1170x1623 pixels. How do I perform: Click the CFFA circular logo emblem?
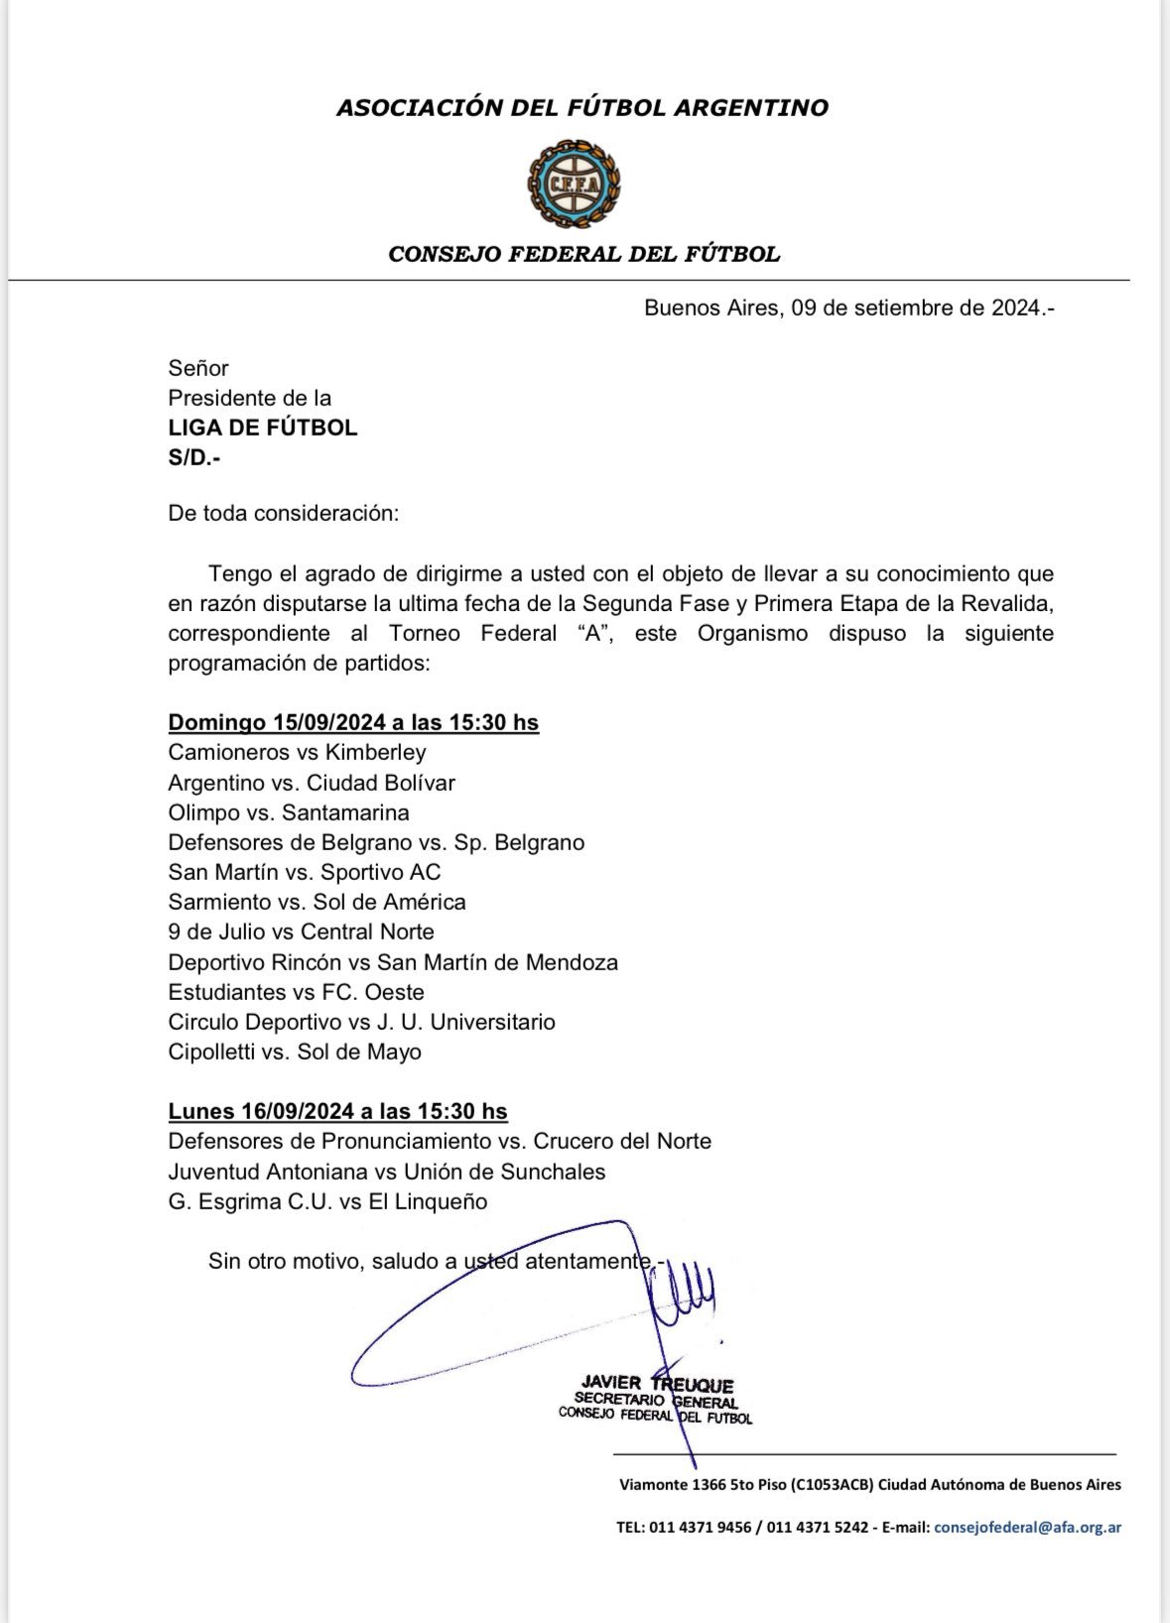point(574,181)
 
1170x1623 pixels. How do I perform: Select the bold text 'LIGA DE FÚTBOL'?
point(262,428)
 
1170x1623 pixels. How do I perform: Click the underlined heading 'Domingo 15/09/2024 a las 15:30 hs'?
point(353,722)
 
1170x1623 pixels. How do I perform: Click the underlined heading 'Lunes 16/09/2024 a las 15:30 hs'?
point(337,1111)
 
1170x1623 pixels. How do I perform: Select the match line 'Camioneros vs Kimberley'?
point(297,753)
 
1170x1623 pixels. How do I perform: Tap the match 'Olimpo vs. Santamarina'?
point(289,812)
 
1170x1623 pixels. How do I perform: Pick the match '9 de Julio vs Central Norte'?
point(301,932)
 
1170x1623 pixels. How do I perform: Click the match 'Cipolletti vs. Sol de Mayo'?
point(295,1052)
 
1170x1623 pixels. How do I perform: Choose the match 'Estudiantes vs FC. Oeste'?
point(296,992)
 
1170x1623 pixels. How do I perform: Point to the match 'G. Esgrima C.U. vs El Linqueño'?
point(327,1201)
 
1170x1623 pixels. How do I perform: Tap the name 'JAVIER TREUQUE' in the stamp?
point(658,1385)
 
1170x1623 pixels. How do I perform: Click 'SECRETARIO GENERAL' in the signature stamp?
point(656,1401)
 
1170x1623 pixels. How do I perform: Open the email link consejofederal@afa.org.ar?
point(1027,1528)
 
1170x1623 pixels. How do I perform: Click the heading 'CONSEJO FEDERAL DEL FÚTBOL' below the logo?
point(584,254)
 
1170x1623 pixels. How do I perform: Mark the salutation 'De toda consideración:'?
point(283,514)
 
